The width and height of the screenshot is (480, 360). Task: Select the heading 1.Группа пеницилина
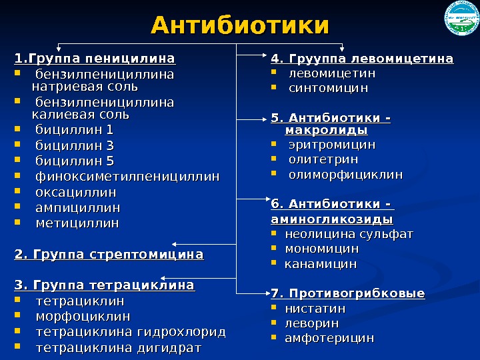click(94, 58)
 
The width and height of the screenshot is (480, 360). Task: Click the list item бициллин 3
click(75, 145)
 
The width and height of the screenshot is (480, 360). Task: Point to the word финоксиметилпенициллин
click(127, 177)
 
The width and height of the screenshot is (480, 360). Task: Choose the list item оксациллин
click(76, 193)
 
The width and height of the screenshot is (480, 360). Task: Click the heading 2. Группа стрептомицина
click(109, 255)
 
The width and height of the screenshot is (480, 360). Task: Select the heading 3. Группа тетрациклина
click(104, 286)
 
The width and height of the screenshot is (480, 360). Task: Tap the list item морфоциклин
click(83, 316)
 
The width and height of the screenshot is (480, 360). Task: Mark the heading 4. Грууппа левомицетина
click(362, 59)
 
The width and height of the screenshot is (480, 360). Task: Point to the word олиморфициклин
click(345, 175)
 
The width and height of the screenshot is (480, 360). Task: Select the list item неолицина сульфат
click(349, 234)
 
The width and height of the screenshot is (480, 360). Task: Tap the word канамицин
click(321, 264)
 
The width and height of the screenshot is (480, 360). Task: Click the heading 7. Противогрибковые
click(347, 294)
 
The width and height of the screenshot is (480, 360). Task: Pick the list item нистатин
click(315, 309)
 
